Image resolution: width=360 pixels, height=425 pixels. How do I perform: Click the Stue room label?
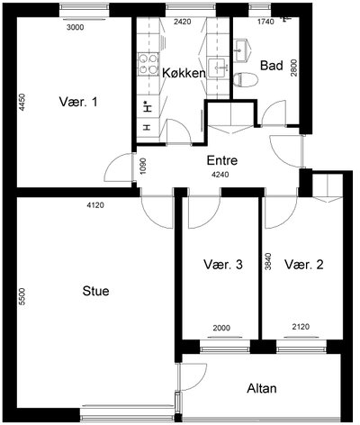tap(95, 291)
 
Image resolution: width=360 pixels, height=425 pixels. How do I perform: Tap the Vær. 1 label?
tap(78, 102)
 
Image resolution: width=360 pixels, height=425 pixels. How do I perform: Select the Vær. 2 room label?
tap(304, 265)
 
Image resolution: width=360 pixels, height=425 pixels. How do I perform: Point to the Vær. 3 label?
tap(223, 265)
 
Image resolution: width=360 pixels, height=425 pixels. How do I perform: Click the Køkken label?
tap(184, 73)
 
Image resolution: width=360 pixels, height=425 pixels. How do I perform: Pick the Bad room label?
tap(272, 66)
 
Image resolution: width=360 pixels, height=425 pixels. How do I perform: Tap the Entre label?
tap(222, 160)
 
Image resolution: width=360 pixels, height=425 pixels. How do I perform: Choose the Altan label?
tap(262, 388)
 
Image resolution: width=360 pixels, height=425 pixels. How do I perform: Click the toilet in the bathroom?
tap(246, 80)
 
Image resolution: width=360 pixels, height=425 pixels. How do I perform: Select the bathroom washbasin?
tap(241, 50)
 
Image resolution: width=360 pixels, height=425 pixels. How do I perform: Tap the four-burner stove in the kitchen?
tap(148, 64)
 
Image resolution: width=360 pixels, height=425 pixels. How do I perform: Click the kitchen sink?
tap(218, 68)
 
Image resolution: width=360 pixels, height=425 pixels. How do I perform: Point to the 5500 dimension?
tap(22, 297)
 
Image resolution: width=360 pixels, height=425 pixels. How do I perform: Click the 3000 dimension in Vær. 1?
tap(75, 28)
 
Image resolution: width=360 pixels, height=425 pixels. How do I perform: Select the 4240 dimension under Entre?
tap(220, 175)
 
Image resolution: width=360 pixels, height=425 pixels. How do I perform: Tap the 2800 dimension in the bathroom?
tap(294, 68)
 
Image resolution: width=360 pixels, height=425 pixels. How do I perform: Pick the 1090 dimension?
tap(143, 167)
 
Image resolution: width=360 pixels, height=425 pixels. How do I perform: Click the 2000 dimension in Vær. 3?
tap(221, 328)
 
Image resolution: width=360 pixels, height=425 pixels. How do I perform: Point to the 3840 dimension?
tap(268, 261)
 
